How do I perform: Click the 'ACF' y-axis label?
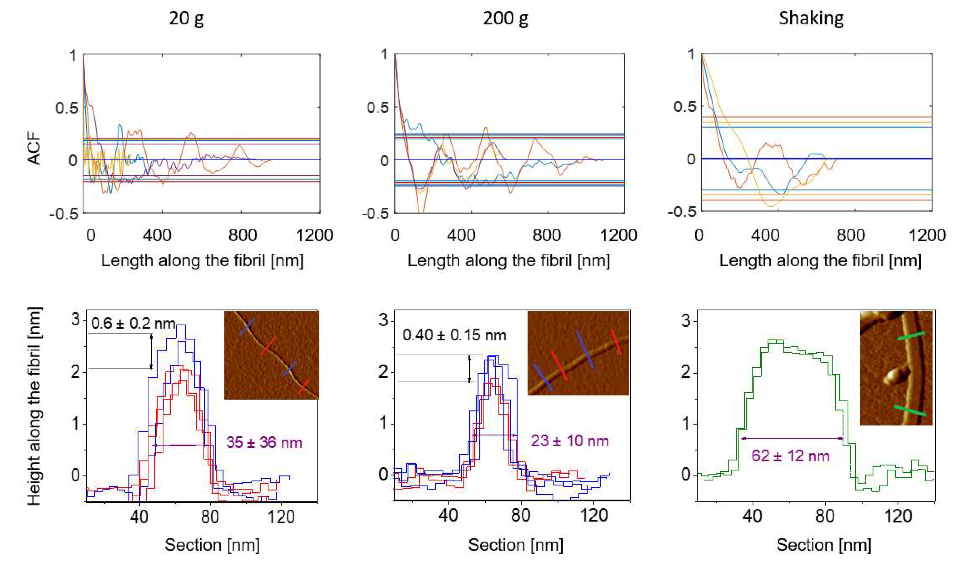tap(34, 148)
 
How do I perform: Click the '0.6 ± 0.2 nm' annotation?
tap(133, 324)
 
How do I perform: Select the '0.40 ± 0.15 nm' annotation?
tap(454, 335)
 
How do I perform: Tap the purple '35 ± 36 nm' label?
tap(264, 442)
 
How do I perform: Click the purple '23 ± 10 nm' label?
tap(569, 441)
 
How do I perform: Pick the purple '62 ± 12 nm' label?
tap(790, 456)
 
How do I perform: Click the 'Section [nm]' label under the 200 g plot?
tap(515, 545)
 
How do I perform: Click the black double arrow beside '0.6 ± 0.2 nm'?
tap(151, 351)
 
